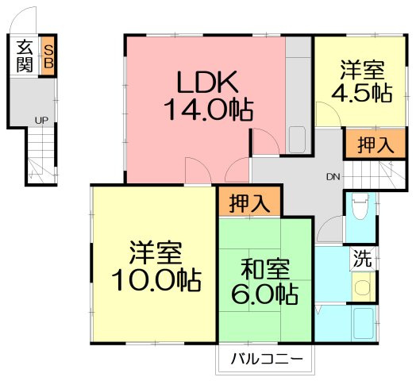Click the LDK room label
pos(207,82)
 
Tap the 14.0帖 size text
pos(209,110)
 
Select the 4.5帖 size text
pos(362,93)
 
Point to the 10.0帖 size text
pos(156,280)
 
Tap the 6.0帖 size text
pos(265,294)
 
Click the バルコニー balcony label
pos(267,360)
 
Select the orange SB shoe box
pos(48,56)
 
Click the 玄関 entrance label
pos(25,56)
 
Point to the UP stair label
pos(41,121)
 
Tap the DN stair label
pos(333,177)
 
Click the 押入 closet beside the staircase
pos(376,144)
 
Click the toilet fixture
pos(360,206)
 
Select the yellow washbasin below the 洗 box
pos(363,287)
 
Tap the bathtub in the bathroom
pos(364,324)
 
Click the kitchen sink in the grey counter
pos(297,140)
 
